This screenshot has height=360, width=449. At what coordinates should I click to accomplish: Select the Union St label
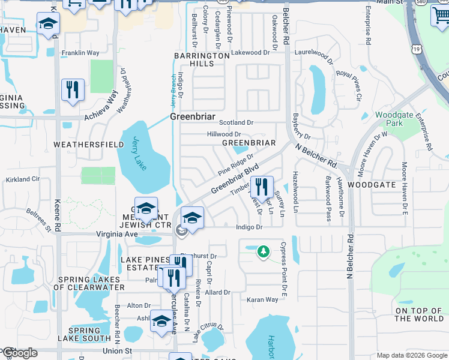tap(116, 350)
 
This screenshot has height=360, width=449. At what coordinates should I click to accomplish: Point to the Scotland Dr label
tap(236, 122)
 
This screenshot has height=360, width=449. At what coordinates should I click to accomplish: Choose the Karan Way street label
tap(262, 299)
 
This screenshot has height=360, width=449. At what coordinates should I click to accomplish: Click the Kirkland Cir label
tap(22, 179)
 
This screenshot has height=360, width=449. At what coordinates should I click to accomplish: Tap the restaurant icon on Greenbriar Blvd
tap(262, 187)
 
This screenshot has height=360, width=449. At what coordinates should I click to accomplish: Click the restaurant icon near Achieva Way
tap(73, 90)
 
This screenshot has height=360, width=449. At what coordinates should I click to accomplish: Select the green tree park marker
tap(262, 251)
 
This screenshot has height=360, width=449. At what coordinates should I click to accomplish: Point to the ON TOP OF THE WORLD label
tap(419, 314)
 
